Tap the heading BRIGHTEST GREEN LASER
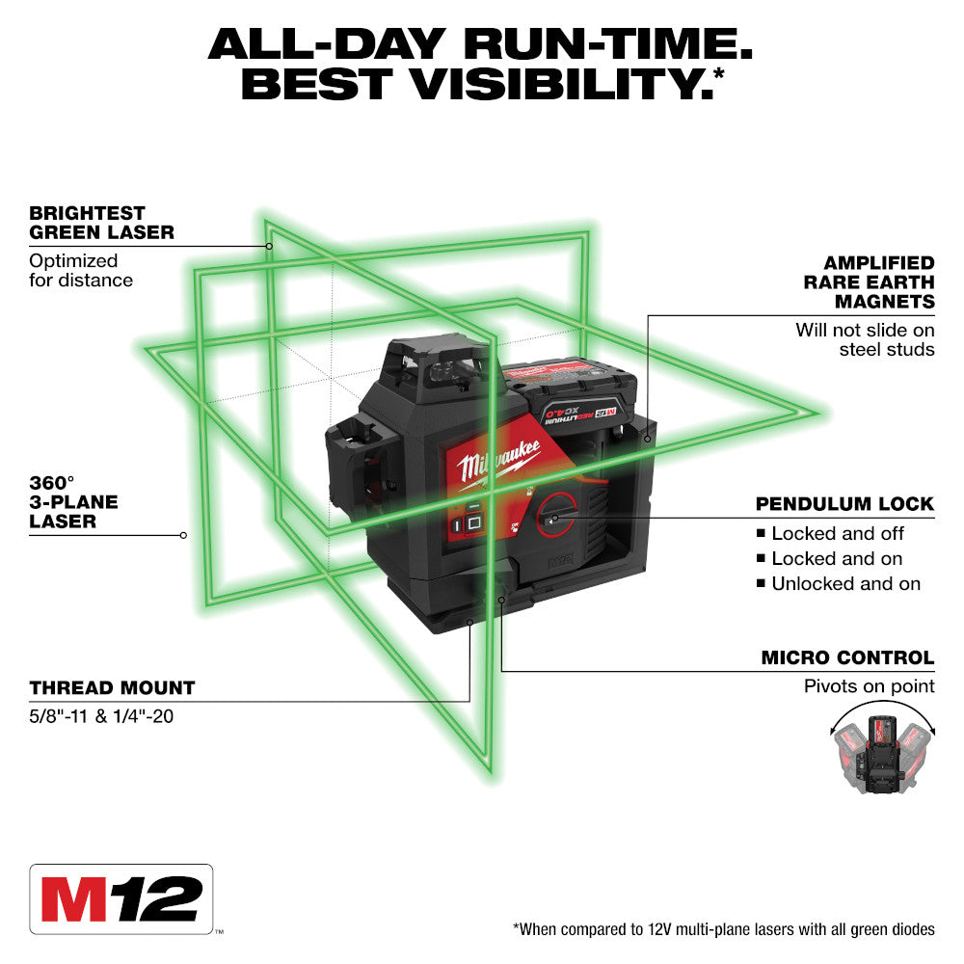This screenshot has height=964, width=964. [101, 223]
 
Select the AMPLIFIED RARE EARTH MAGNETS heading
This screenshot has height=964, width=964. [869, 282]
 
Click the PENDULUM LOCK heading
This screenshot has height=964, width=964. [844, 504]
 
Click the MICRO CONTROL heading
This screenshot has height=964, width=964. [847, 658]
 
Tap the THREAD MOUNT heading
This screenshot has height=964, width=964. [112, 688]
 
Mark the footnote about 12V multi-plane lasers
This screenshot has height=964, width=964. [723, 929]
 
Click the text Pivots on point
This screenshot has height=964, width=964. [870, 686]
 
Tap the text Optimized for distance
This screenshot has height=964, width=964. [81, 271]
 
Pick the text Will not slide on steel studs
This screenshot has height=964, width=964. [865, 339]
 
